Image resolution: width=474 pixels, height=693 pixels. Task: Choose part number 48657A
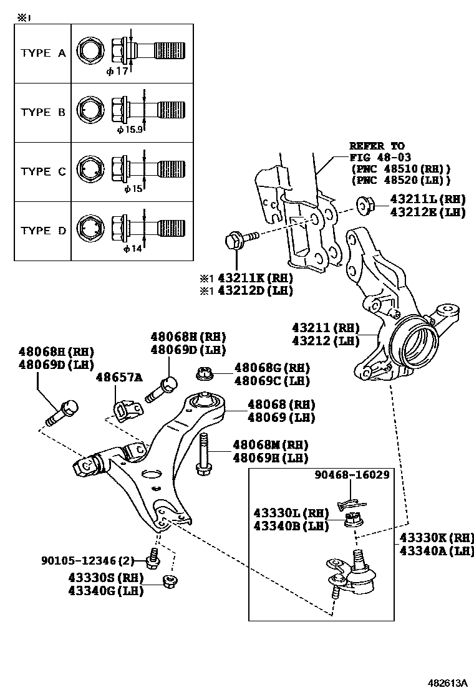119,377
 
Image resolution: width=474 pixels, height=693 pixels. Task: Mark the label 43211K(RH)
251,277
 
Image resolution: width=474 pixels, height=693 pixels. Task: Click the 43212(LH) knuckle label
326,341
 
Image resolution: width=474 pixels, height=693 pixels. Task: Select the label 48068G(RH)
272,368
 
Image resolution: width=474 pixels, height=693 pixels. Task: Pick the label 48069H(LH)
271,458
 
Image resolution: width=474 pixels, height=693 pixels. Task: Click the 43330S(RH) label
107,577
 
